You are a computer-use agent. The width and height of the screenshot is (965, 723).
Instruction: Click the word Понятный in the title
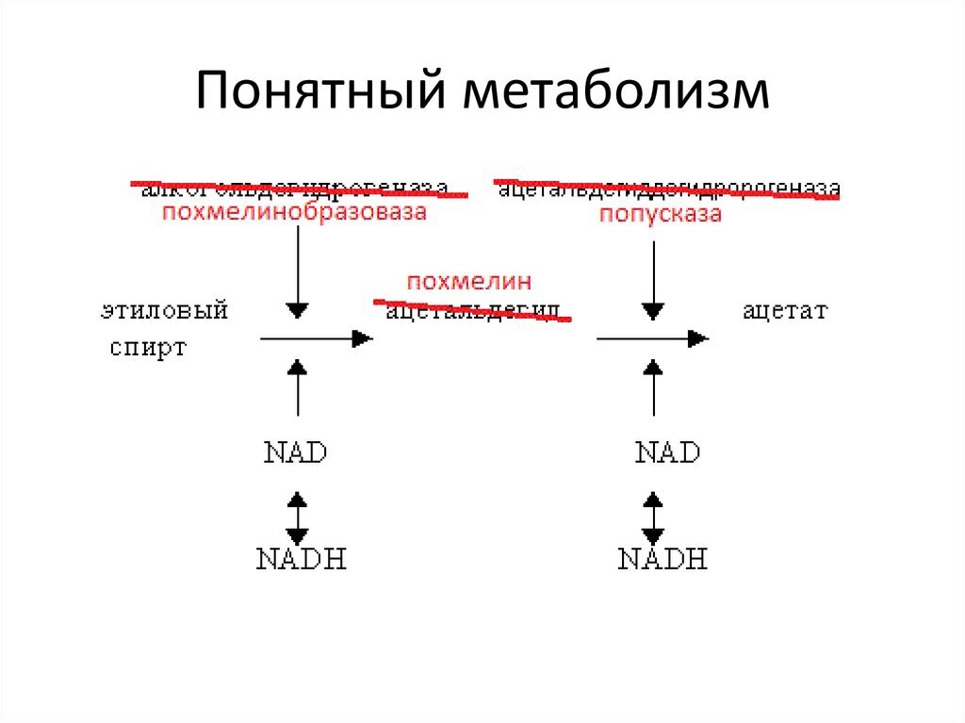coord(319,95)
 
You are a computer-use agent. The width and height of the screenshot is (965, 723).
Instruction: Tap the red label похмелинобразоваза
coord(294,213)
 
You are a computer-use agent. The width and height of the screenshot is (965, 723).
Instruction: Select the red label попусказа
coord(662,214)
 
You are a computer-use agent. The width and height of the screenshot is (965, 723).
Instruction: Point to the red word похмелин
coord(469,282)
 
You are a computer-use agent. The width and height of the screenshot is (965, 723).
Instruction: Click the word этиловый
coord(165,310)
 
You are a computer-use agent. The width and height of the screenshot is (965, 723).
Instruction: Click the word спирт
coord(149,347)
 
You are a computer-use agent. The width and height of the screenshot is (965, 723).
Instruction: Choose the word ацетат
coord(785,310)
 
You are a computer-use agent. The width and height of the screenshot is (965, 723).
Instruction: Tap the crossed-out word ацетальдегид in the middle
coord(473,311)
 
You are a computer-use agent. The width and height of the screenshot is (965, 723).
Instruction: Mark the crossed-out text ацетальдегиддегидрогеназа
coord(667,189)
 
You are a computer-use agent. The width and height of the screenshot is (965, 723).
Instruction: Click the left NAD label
coord(296,452)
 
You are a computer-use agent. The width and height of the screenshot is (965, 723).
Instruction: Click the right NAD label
coord(667,452)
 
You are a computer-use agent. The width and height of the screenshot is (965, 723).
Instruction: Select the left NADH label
coord(302,559)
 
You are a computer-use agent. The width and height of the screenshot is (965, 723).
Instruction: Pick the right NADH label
coord(662,559)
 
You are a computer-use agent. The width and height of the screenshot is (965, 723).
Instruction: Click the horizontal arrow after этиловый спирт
coord(316,338)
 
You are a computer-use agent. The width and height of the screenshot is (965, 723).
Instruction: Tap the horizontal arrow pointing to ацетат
coord(652,338)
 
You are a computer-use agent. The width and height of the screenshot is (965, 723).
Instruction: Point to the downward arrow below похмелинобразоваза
coord(298,273)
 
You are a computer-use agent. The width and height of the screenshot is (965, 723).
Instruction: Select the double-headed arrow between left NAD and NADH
coord(298,515)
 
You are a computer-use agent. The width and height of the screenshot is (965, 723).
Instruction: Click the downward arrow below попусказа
coord(653,278)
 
